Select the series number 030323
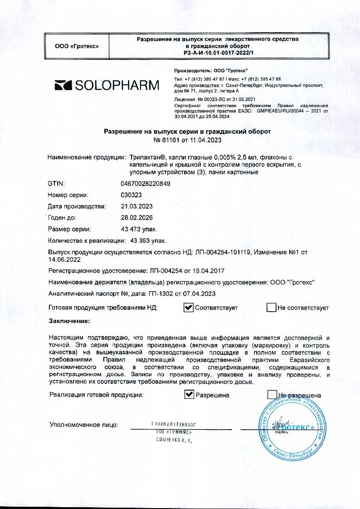tap(131, 195)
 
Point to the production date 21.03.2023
tap(137, 206)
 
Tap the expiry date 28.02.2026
tap(137, 218)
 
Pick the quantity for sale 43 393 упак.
tap(148, 240)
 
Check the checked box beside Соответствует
tap(189, 308)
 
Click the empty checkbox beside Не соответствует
tap(271, 308)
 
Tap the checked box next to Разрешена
tap(189, 395)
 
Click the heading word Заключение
tap(69, 321)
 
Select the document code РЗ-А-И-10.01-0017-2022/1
tap(218, 53)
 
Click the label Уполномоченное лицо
tap(83, 425)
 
